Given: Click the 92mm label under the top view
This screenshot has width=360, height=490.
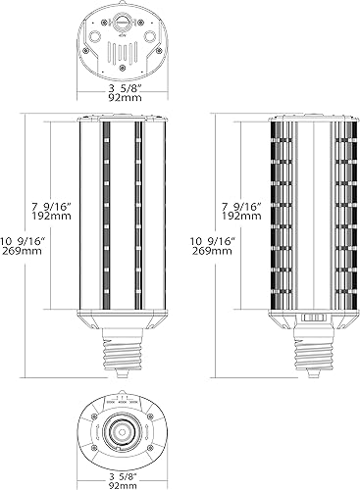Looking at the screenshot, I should (x=123, y=98).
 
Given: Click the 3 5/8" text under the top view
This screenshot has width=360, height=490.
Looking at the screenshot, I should (x=123, y=86).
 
